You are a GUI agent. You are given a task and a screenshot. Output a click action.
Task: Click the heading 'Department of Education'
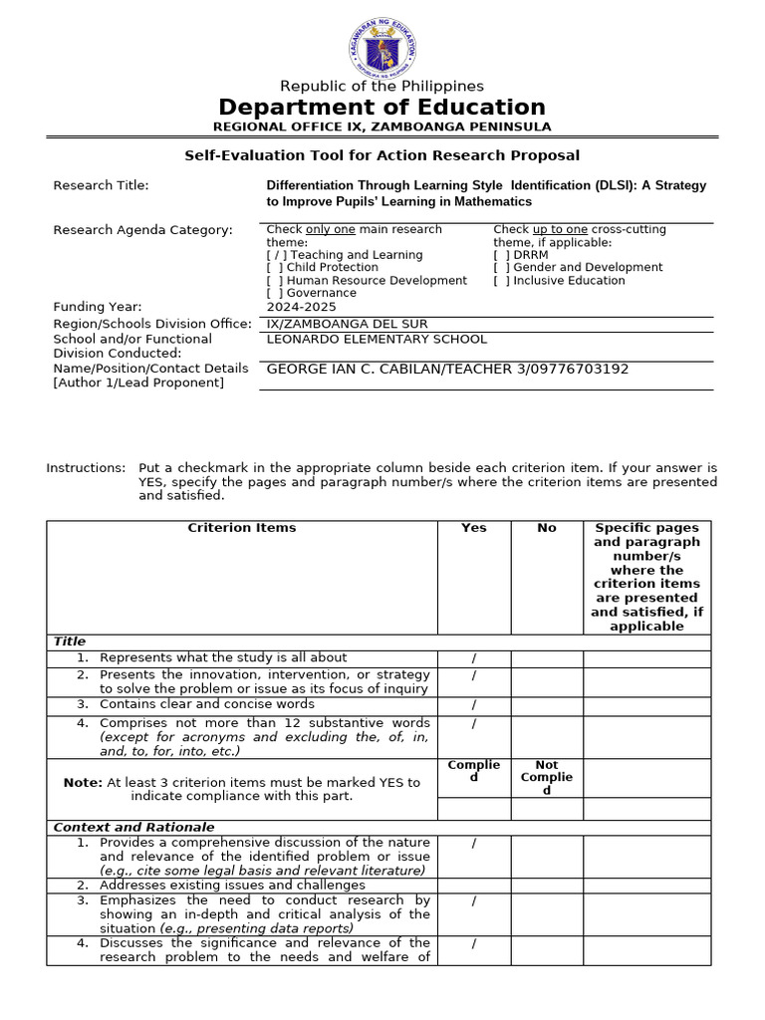click(382, 108)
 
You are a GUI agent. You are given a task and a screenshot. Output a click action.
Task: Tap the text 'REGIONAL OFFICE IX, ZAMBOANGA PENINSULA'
click(382, 127)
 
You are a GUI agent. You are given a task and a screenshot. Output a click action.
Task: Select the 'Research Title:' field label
click(101, 185)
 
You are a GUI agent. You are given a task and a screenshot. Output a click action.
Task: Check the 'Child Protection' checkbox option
click(323, 268)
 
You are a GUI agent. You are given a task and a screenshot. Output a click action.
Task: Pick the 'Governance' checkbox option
click(312, 293)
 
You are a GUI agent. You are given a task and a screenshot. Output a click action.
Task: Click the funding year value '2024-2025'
click(297, 307)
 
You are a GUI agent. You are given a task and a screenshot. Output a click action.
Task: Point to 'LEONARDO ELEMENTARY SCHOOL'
click(378, 340)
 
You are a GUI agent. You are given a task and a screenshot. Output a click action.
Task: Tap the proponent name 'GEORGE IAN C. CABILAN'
click(360, 370)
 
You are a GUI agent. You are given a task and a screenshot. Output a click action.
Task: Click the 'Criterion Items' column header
click(242, 528)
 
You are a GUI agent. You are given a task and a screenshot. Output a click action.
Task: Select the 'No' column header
click(547, 528)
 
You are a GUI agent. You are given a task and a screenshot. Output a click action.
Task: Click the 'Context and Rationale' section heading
click(133, 828)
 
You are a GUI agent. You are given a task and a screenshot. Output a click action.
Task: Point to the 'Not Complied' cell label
click(547, 778)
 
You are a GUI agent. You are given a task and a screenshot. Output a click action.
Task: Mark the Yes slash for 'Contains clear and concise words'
click(473, 705)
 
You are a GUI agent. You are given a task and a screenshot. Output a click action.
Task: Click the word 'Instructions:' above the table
click(87, 468)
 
